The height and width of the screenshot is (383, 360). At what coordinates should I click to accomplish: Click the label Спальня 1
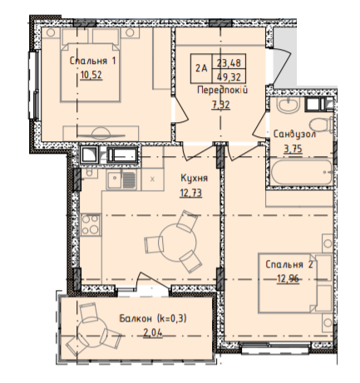click(x=92, y=61)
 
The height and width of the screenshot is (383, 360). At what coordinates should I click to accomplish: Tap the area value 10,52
click(x=91, y=75)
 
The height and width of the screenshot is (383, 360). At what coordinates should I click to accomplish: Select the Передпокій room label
click(x=222, y=90)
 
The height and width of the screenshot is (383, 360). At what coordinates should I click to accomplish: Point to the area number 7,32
click(x=221, y=105)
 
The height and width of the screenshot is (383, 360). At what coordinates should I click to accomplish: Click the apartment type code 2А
click(x=201, y=68)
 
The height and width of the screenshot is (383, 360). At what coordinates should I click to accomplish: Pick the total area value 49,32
click(x=229, y=76)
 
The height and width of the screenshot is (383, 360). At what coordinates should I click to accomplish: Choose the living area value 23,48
click(x=229, y=63)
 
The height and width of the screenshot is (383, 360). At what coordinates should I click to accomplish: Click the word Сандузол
click(x=294, y=135)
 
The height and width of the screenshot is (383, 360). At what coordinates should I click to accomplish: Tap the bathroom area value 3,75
click(x=293, y=149)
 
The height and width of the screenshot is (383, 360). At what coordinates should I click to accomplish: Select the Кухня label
click(x=194, y=178)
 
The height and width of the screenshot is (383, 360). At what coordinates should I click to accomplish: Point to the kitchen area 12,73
click(x=190, y=193)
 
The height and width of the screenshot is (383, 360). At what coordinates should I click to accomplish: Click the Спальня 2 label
click(x=289, y=264)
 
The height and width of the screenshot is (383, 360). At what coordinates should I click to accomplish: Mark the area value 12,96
click(x=288, y=278)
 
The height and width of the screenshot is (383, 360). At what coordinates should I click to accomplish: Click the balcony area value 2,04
click(x=153, y=333)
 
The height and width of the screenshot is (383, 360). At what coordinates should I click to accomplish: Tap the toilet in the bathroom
click(x=322, y=125)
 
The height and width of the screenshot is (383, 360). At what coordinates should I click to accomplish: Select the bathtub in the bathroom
click(x=302, y=172)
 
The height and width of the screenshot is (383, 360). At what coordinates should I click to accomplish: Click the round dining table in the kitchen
click(x=177, y=243)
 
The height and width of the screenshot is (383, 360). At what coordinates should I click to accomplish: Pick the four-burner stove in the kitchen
click(x=91, y=225)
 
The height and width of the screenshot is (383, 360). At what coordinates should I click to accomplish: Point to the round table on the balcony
click(x=92, y=332)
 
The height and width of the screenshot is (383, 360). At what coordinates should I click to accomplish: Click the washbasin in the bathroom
click(x=288, y=106)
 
